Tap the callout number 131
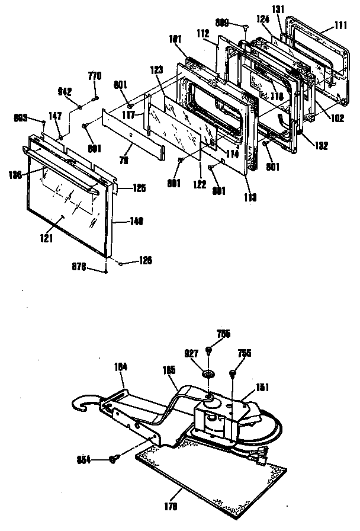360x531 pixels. click(x=294, y=9)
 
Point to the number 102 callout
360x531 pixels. click(x=337, y=117)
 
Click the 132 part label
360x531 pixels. click(x=322, y=146)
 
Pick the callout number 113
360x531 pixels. click(x=249, y=198)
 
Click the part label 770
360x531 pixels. click(x=95, y=76)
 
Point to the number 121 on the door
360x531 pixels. click(x=47, y=238)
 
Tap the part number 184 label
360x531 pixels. click(x=121, y=367)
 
